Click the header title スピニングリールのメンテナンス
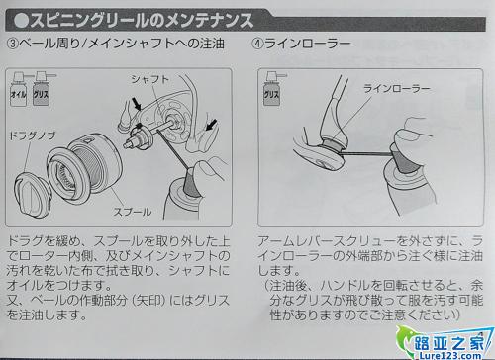click(x=134, y=21)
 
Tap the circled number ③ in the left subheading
click(x=13, y=44)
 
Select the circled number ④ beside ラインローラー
click(x=258, y=44)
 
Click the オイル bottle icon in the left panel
click(x=18, y=89)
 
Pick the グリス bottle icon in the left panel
click(x=42, y=89)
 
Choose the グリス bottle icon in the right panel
click(x=272, y=89)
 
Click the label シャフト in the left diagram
click(x=149, y=79)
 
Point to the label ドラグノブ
click(x=32, y=135)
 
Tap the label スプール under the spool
click(x=133, y=212)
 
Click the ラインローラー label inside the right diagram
click(x=397, y=89)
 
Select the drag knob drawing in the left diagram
click(x=33, y=195)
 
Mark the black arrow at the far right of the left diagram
click(x=211, y=125)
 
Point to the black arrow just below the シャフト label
click(x=136, y=104)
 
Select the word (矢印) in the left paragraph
click(x=150, y=301)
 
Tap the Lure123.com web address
click(x=449, y=355)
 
